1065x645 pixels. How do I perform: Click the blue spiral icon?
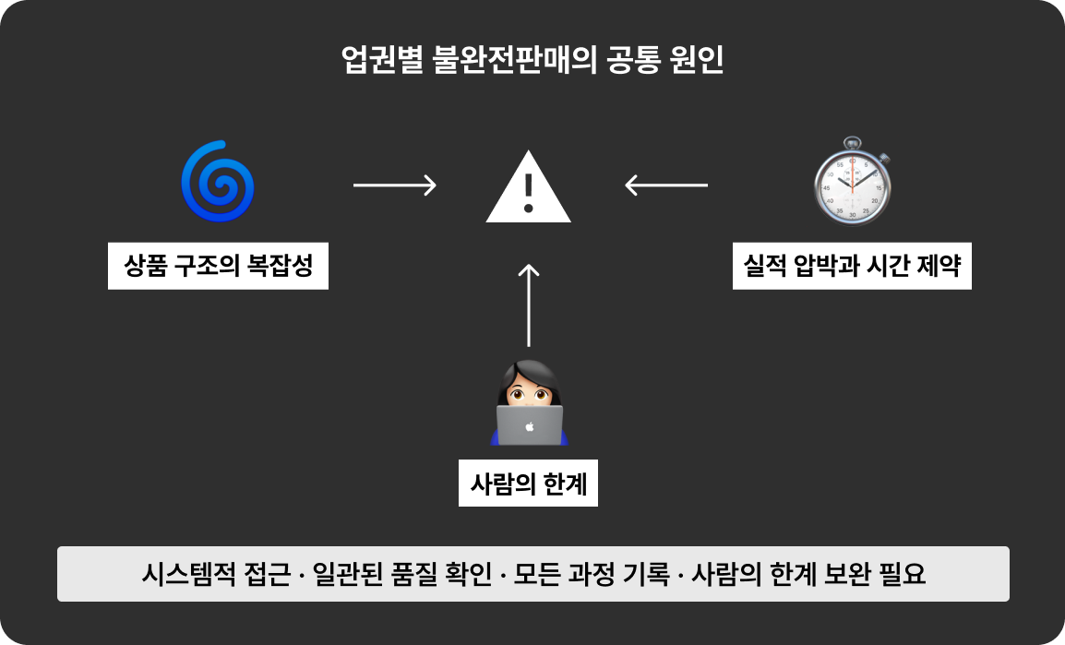point(218,182)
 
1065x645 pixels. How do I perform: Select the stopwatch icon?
point(852,183)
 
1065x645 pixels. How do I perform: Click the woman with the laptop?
point(529,402)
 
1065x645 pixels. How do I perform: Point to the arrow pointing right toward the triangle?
point(394,185)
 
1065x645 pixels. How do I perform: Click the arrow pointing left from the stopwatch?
point(665,185)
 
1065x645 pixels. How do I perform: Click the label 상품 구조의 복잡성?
point(218,267)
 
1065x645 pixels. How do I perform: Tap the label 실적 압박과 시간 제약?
point(852,267)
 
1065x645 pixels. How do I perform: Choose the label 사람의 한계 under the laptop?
point(528,483)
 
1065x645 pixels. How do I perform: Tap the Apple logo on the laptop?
point(530,426)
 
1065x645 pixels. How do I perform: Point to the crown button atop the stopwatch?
point(852,142)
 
